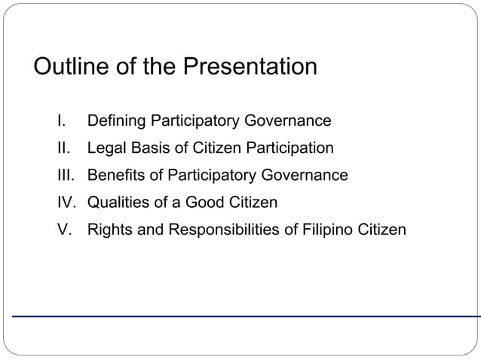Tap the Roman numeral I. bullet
click(63, 121)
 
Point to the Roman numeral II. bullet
click(64, 148)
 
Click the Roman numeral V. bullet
click(65, 230)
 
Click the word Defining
click(117, 121)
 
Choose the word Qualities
click(119, 203)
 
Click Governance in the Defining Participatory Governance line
click(287, 121)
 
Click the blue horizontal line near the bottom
click(241, 316)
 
